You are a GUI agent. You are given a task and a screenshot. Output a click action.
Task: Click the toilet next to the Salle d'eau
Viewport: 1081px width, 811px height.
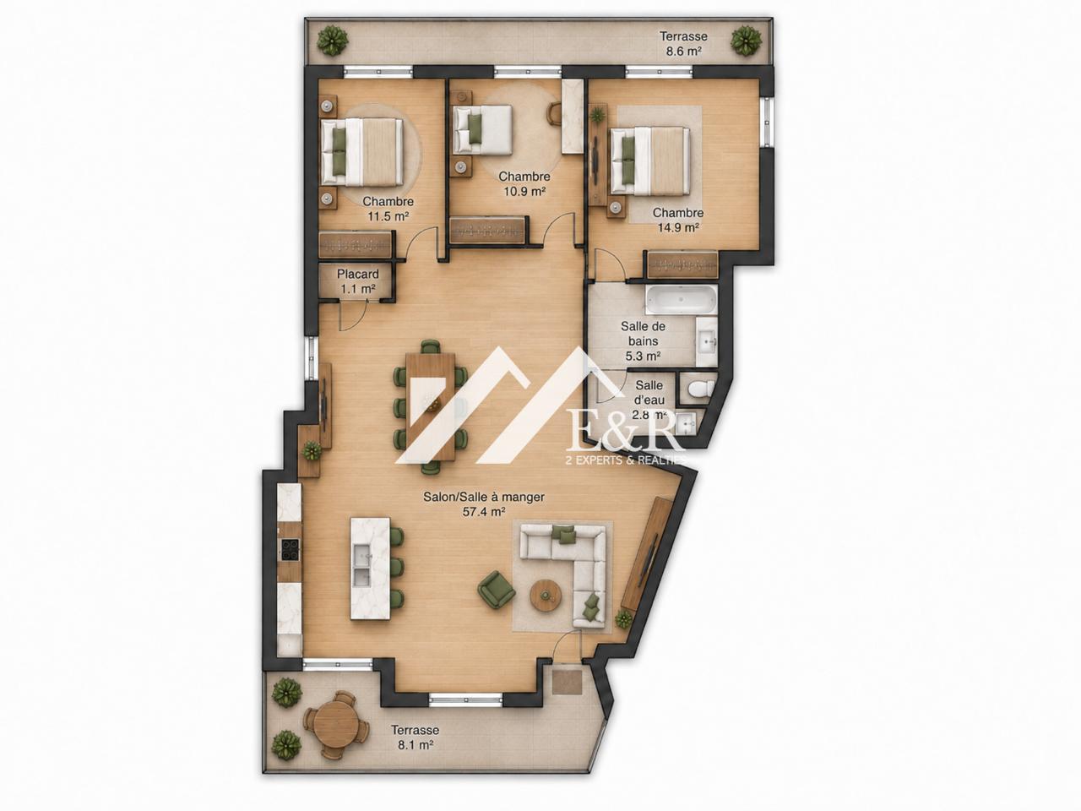(x=700, y=389)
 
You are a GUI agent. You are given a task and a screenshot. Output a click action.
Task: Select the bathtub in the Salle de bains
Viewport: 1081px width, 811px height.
(x=681, y=301)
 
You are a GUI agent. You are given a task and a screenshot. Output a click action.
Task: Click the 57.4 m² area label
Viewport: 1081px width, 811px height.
(x=484, y=512)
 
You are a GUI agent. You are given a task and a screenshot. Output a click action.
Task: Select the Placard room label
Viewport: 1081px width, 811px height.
(x=357, y=274)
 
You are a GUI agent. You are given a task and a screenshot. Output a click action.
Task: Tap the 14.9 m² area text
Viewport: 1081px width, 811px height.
(x=678, y=227)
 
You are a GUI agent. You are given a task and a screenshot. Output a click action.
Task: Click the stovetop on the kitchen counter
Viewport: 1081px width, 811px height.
(x=290, y=549)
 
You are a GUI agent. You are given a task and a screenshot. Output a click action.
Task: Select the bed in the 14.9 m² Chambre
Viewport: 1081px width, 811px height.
(x=650, y=160)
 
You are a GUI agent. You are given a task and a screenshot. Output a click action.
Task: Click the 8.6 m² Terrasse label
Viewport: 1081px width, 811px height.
(x=683, y=43)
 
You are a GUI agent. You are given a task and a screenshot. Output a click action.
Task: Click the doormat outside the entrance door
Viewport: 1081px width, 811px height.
(x=568, y=682)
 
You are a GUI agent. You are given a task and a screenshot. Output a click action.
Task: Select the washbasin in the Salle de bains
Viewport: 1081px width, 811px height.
(x=706, y=341)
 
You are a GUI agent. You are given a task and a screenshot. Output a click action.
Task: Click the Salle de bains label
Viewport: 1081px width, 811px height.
(x=644, y=334)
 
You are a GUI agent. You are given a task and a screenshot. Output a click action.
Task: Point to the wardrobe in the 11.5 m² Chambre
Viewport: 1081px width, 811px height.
(x=356, y=244)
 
